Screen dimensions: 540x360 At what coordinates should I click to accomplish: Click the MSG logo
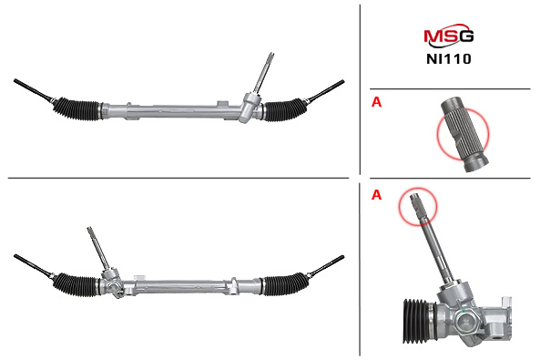pos(448,36)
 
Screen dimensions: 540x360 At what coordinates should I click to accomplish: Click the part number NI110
pos(448,59)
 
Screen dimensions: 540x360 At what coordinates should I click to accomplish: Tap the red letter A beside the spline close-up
pos(376,102)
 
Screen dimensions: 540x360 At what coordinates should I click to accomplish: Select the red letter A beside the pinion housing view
pos(376,195)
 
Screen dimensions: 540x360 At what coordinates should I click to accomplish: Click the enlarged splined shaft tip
pos(464,135)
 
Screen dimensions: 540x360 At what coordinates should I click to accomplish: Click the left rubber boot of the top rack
pos(76,108)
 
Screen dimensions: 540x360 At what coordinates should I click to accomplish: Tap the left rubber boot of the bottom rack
pos(76,284)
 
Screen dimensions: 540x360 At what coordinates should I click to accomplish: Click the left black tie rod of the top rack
pos(33,90)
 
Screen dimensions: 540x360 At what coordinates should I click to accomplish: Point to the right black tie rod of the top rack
pos(325,91)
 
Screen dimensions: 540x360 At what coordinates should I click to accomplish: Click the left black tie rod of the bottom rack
pos(33,266)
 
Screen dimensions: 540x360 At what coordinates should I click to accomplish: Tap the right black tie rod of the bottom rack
pos(325,266)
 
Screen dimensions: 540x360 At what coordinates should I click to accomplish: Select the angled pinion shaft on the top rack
pos(264,73)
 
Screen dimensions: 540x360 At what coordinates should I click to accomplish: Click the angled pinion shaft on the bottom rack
pos(98,248)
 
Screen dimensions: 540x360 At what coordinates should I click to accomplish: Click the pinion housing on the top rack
pos(250,108)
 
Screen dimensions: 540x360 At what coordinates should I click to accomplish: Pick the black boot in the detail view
pos(416,321)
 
